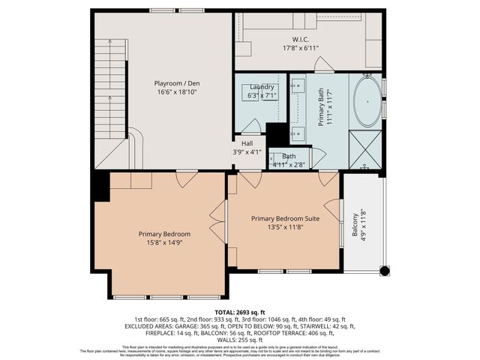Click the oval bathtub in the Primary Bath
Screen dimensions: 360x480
[367, 101]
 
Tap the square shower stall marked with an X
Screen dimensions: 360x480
[367, 148]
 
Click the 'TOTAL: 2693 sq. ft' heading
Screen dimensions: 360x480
[240, 311]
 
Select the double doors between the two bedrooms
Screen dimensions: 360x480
[221, 221]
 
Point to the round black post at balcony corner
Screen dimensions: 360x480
[385, 270]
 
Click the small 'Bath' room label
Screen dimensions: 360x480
[289, 156]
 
